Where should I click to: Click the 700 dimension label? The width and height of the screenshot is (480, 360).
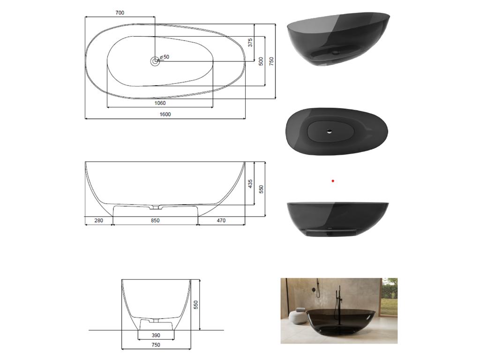[x=120, y=13]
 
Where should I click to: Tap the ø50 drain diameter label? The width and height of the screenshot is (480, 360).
[x=165, y=57]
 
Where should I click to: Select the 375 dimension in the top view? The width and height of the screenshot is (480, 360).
[x=250, y=43]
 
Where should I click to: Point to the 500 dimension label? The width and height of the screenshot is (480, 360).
[x=261, y=61]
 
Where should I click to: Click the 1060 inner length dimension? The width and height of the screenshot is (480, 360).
[x=160, y=103]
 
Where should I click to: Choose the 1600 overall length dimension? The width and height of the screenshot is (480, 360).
[x=165, y=114]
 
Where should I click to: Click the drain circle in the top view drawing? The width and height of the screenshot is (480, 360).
[x=155, y=61]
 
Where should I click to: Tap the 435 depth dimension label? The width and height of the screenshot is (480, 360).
[x=250, y=184]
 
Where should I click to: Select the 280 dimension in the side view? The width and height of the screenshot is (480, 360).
[x=98, y=220]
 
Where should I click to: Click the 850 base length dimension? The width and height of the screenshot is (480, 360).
[x=155, y=220]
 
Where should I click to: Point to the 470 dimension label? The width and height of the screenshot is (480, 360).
[x=221, y=220]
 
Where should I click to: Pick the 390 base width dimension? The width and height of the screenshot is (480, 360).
[x=156, y=336]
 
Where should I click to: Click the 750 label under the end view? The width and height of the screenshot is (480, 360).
[x=156, y=345]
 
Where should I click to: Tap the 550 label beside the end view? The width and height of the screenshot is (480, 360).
[x=196, y=305]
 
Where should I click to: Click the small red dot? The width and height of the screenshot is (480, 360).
[x=333, y=180]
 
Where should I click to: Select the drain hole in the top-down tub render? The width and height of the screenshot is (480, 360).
[x=330, y=131]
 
